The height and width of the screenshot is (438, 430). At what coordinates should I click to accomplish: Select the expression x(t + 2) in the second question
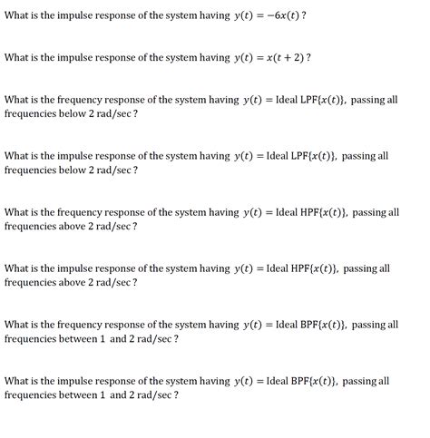click(x=281, y=57)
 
